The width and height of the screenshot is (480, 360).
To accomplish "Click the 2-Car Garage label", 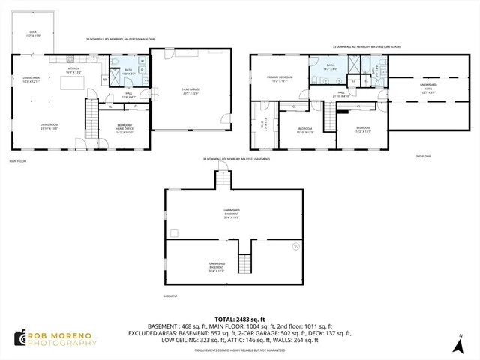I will tap(190, 91).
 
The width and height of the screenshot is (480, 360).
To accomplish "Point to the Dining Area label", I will tap(31, 79).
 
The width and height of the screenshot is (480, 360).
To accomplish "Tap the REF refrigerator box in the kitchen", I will tap(104, 79).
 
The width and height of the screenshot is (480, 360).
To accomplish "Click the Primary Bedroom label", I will tap(278, 79).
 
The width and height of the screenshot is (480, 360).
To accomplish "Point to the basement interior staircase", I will tap(244, 264).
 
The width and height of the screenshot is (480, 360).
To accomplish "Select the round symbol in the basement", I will tap(295, 246).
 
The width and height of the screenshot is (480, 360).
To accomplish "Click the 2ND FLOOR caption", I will tap(423, 156).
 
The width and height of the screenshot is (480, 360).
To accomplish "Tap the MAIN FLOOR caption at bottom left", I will tap(18, 160).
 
